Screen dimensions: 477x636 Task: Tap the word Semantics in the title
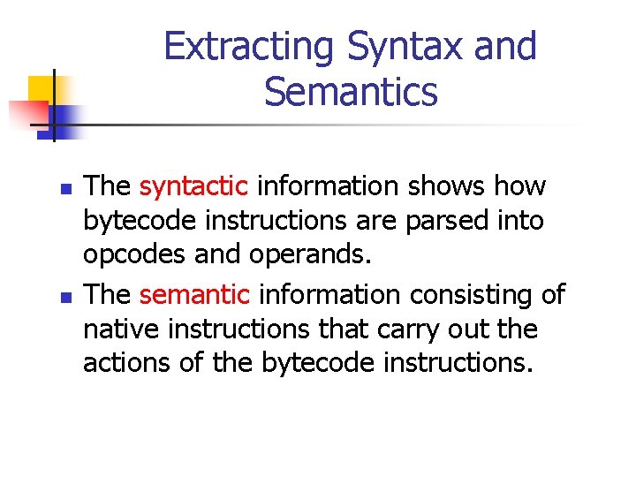point(351,92)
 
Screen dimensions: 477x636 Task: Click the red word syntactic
point(193,187)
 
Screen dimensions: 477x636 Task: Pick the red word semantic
point(195,295)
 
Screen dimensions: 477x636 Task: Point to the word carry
point(428,328)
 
